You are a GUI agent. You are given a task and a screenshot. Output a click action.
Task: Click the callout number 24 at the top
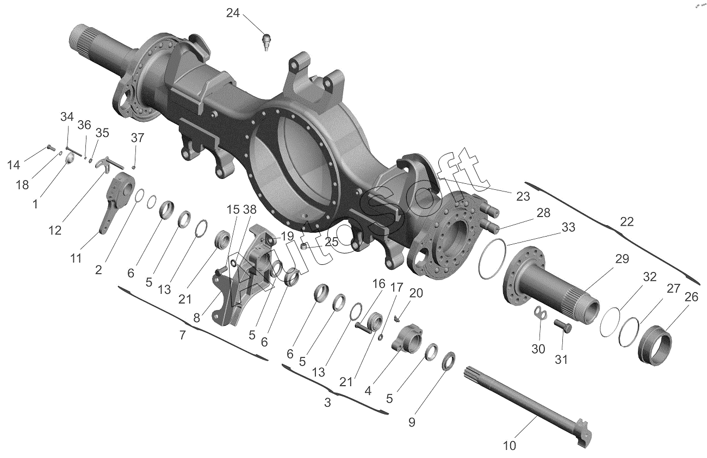(x=233, y=13)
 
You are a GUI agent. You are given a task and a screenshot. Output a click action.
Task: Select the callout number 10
(x=509, y=445)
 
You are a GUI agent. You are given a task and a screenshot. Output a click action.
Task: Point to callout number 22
(x=627, y=222)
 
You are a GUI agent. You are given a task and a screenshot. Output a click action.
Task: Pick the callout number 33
(x=568, y=227)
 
